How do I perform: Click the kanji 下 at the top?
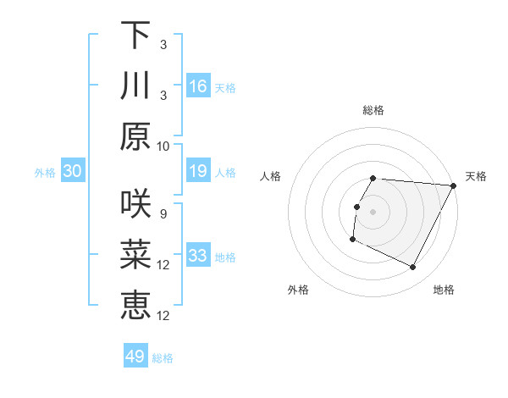click(135, 35)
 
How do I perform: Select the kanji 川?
click(135, 86)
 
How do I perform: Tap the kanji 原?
click(135, 136)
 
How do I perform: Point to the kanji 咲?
click(135, 204)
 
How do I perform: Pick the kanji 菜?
click(135, 255)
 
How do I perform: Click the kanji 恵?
click(135, 306)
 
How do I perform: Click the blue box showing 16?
click(198, 86)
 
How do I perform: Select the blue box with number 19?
click(198, 172)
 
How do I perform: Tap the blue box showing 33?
click(198, 256)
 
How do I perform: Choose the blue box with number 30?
click(72, 172)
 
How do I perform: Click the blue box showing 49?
click(135, 357)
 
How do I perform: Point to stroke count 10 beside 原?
click(163, 146)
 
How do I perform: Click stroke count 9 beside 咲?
click(163, 213)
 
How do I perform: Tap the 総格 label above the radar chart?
click(373, 110)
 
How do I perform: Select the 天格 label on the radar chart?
click(476, 176)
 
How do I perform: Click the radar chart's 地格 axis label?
click(444, 290)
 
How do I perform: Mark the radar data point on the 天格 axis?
click(454, 185)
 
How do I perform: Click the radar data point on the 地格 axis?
click(413, 268)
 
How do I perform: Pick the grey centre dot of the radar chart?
click(373, 212)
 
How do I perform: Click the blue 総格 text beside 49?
click(163, 358)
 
